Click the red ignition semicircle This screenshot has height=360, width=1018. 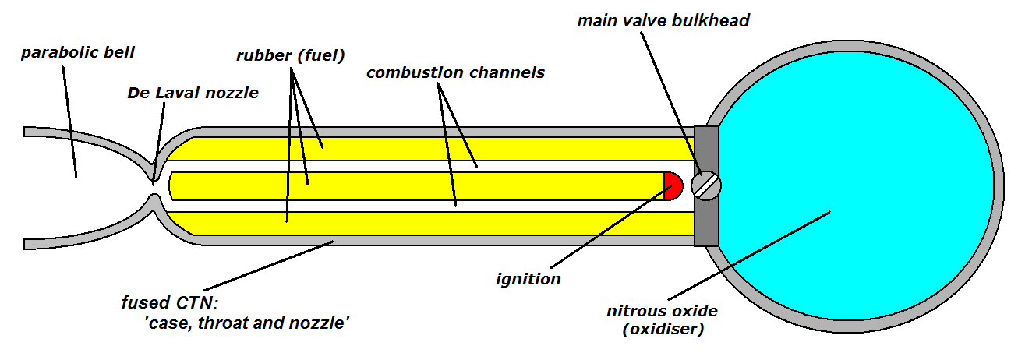[673, 185]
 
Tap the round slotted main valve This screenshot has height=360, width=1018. [708, 185]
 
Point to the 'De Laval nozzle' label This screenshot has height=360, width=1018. [193, 93]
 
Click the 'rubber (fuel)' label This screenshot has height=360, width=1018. [290, 55]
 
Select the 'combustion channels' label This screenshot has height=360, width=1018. [455, 72]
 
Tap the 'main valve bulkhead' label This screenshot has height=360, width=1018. [663, 20]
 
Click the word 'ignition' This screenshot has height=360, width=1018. [528, 278]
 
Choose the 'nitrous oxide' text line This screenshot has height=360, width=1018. [662, 311]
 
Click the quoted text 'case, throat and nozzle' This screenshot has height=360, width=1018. [242, 320]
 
